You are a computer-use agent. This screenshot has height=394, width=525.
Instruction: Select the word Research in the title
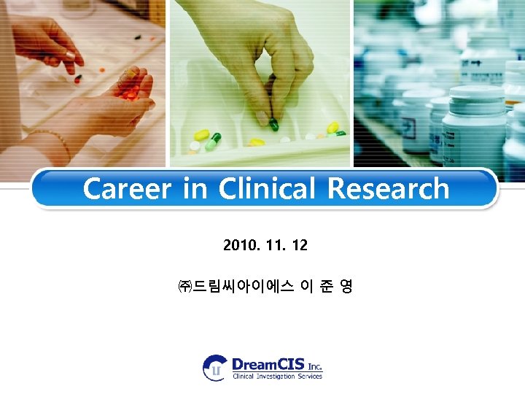[388, 189]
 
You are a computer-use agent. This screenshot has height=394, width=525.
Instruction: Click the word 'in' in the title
[195, 189]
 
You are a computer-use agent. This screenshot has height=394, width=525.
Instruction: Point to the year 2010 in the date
[238, 245]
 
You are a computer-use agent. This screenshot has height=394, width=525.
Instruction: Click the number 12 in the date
[299, 245]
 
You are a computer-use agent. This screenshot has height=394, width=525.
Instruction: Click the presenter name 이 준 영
[327, 287]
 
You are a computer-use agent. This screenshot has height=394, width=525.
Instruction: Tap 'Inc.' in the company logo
[314, 366]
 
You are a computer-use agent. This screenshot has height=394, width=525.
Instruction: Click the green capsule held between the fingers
[274, 125]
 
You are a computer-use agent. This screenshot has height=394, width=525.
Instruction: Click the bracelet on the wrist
[55, 140]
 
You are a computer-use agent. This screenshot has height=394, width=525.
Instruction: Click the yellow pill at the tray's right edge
[333, 128]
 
